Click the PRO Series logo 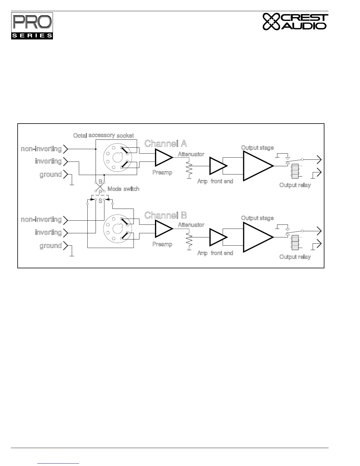[32, 26]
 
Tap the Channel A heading [166, 144]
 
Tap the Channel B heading [166, 215]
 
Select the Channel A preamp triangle [163, 157]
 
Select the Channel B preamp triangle [163, 229]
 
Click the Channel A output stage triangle [256, 166]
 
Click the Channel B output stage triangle [256, 237]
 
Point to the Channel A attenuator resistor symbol [189, 167]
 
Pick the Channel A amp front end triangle [217, 166]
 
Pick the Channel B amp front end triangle [217, 237]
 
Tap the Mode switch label [123, 189]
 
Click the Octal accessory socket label [104, 135]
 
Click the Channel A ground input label [51, 174]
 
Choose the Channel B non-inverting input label [41, 220]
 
